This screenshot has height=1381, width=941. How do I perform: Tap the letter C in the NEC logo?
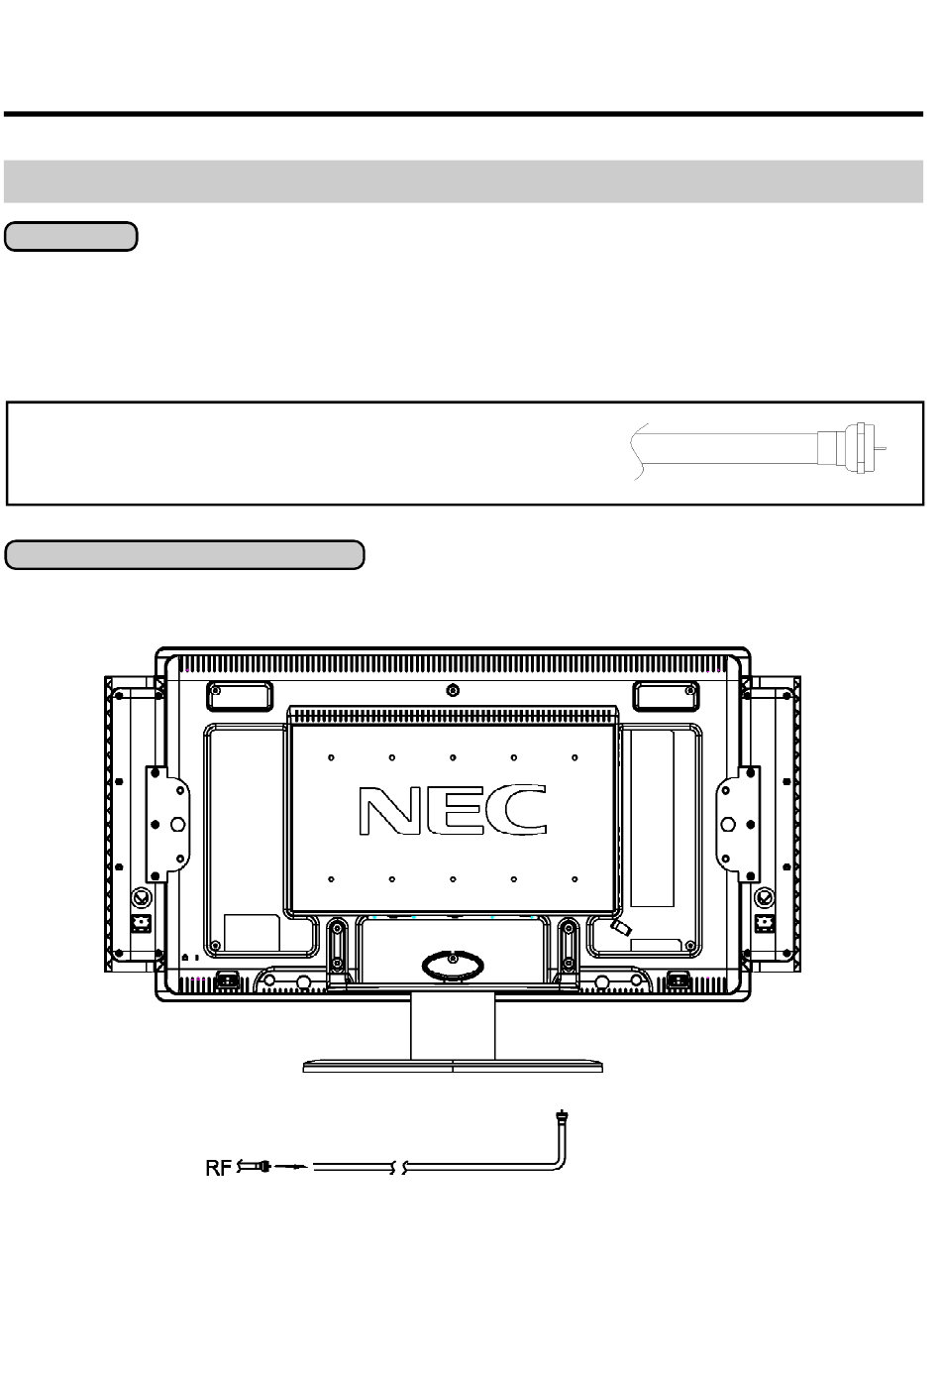[520, 810]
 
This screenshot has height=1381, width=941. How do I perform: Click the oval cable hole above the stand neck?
[453, 966]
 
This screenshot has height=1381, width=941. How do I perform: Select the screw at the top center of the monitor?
[453, 690]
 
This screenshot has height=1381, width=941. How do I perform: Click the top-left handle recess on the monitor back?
[240, 696]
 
